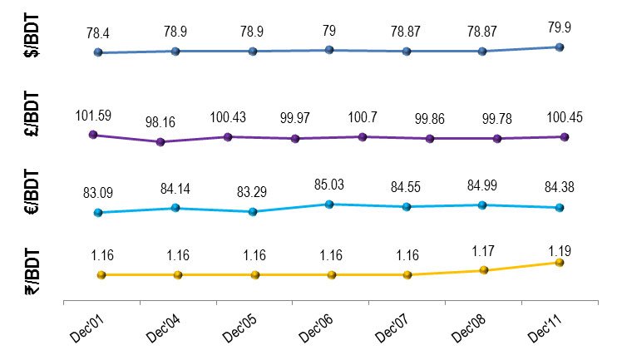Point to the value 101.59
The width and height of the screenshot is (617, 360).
coord(92,116)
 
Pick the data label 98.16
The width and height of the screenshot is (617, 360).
coord(160,121)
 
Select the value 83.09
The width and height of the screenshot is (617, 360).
coord(99,193)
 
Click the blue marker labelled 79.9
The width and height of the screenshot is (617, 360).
coord(560,47)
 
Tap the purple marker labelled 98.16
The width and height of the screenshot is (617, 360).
coord(160,141)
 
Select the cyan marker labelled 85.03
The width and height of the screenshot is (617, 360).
coord(329,204)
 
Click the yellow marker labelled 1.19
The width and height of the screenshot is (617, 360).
coord(560,262)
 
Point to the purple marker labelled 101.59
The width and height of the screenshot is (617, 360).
coord(92,134)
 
